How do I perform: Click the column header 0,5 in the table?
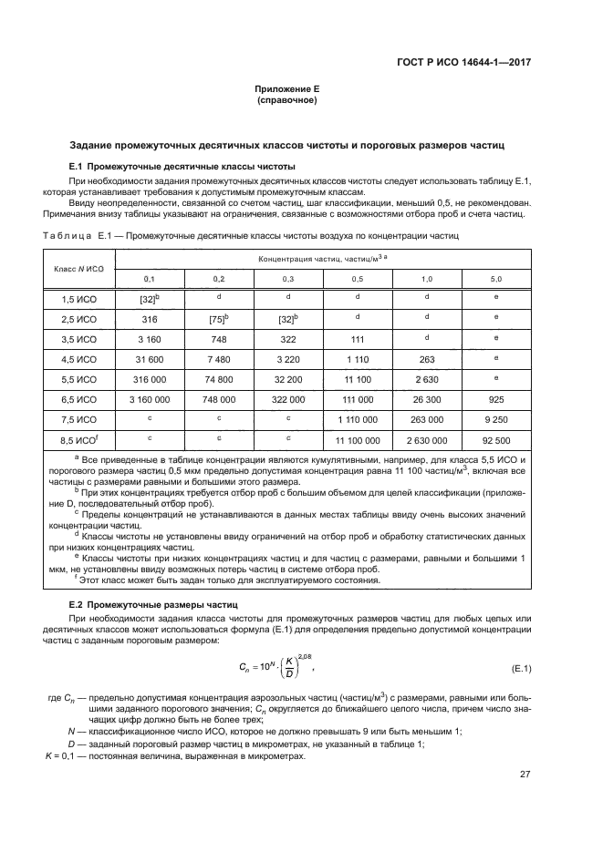tap(358, 277)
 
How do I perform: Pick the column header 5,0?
tap(495, 277)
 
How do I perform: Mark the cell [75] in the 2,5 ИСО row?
tap(218, 319)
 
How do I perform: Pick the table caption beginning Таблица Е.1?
tap(246, 235)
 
